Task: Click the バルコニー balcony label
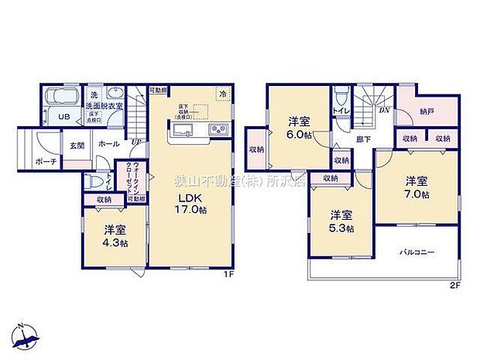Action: (417, 252)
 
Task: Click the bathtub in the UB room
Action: (58, 99)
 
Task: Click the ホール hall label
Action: (108, 145)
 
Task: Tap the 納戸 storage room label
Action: (427, 111)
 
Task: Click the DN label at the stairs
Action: (383, 110)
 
